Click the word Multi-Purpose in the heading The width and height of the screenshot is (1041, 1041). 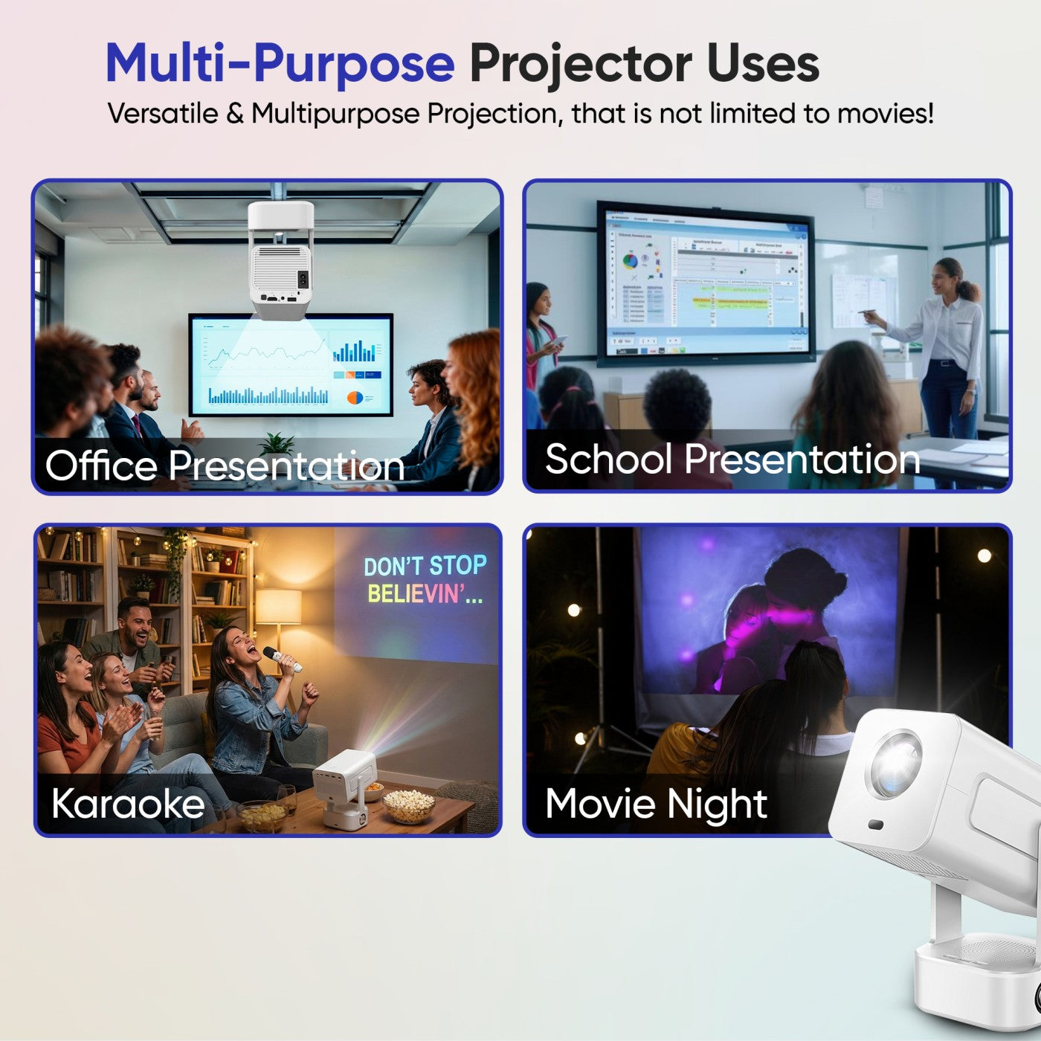point(280,63)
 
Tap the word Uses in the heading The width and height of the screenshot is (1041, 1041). point(763,63)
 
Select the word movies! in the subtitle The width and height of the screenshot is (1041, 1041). point(885,114)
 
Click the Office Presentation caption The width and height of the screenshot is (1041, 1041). point(225,466)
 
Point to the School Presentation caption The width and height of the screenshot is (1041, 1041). point(732,459)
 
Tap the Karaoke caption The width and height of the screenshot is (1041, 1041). point(128,804)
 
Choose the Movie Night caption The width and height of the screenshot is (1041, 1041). point(656,804)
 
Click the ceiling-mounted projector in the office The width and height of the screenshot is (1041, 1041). point(280,260)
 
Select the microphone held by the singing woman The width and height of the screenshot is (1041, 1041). point(282,658)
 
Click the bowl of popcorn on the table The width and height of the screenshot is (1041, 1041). point(408,805)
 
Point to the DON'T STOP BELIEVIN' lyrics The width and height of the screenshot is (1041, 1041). point(425,579)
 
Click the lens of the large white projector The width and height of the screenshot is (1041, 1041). point(895,764)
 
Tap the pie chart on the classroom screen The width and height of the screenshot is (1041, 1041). point(630,261)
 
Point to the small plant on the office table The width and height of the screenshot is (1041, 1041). point(277,445)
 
